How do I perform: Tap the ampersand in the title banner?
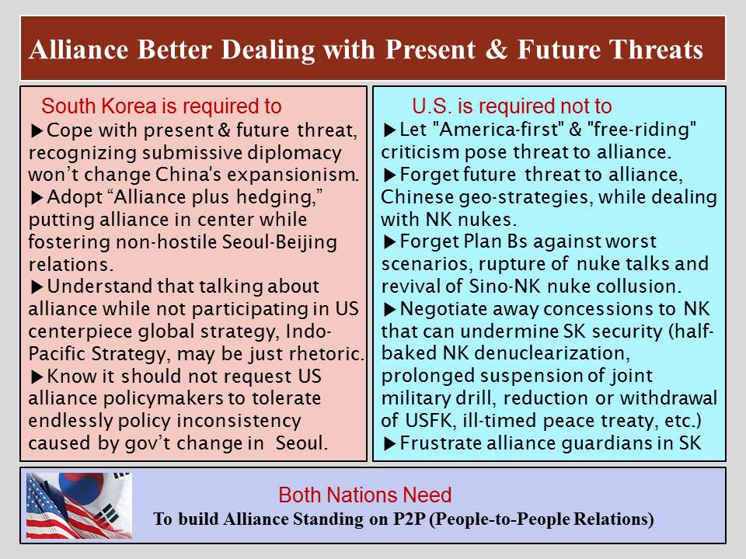[x=497, y=50]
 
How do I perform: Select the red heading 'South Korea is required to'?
[x=162, y=106]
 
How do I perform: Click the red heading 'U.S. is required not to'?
[x=512, y=106]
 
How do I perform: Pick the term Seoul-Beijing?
[x=280, y=242]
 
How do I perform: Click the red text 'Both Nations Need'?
[x=365, y=495]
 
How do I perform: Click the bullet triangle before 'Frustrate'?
[x=389, y=444]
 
